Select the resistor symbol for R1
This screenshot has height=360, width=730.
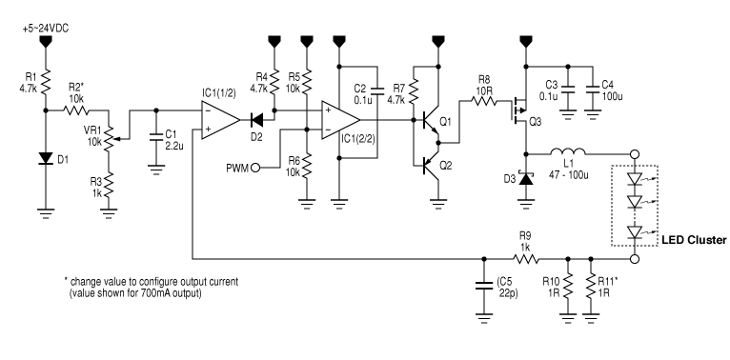[x=45, y=83]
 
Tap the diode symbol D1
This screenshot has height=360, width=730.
[x=45, y=158]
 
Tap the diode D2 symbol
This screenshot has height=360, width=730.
[x=255, y=122]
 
